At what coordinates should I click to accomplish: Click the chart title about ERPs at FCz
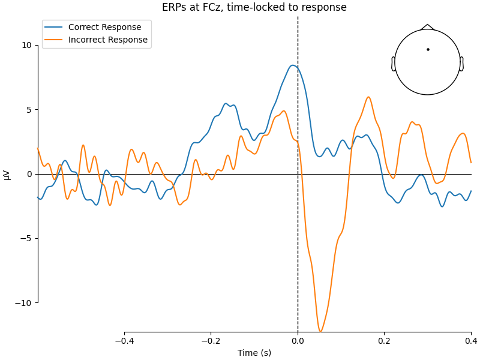pos(254,8)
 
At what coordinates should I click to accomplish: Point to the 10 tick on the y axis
pos(27,45)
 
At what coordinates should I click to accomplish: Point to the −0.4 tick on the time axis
pos(124,341)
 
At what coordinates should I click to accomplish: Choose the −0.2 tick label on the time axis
pos(211,341)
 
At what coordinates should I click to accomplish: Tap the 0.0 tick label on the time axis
pos(298,341)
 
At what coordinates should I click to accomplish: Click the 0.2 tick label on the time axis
pos(384,341)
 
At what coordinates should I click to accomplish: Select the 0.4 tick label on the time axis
pos(471,341)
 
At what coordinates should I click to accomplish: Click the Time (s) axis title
pos(254,353)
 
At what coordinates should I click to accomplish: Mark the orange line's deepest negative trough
pos(320,331)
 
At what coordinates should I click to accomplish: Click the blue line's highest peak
pos(292,65)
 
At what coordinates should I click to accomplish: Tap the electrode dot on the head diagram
pos(428,49)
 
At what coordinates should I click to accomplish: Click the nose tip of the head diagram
pos(427,25)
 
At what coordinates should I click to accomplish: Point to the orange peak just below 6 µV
pos(368,97)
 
